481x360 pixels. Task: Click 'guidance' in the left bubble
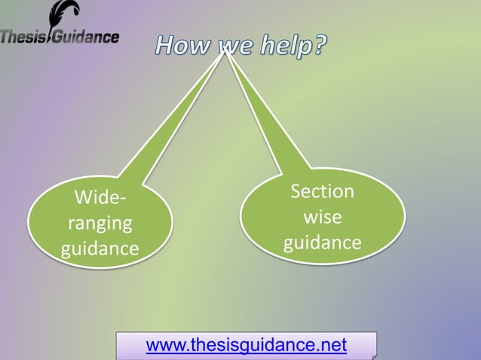click(x=100, y=248)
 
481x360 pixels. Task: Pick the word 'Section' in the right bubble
click(x=322, y=191)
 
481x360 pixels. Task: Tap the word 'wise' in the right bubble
click(x=322, y=217)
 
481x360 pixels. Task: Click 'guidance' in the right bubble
click(x=322, y=243)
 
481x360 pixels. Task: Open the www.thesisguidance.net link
click(x=246, y=346)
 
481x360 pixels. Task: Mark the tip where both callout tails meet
click(x=225, y=51)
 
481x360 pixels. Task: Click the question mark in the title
click(x=320, y=47)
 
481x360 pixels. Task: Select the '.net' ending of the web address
click(x=332, y=346)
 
